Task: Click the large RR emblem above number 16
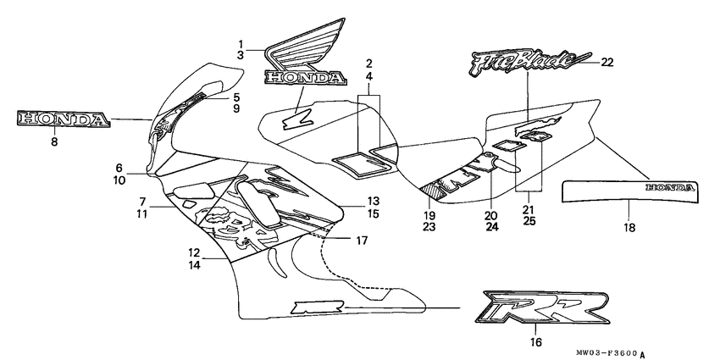coord(545,308)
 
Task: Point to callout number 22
coord(607,62)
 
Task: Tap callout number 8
coord(54,143)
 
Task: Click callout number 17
coord(362,240)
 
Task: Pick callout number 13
coord(373,201)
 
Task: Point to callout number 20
coord(490,214)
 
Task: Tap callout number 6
coord(119,168)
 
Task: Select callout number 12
coord(194,252)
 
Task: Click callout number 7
coord(141,201)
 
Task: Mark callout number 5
coord(236,97)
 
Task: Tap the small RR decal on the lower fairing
coord(310,308)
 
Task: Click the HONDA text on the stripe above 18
coord(669,186)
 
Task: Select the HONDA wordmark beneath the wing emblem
coord(305,77)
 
